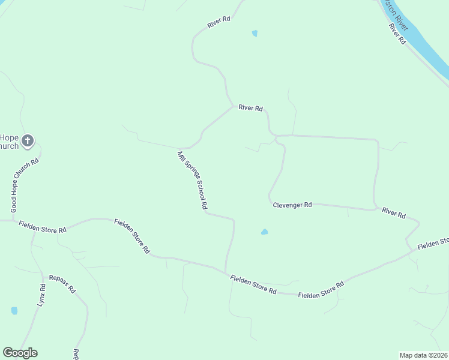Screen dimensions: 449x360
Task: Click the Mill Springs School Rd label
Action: [192, 180]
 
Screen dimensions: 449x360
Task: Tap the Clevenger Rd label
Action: [292, 205]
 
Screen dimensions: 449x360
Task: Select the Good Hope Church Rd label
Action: [25, 185]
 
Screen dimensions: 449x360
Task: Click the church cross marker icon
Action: [27, 142]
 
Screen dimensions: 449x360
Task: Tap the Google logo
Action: [20, 353]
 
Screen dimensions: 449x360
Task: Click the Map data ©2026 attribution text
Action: [424, 355]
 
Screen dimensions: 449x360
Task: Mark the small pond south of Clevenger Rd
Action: [264, 232]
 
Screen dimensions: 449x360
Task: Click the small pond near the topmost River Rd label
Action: [255, 34]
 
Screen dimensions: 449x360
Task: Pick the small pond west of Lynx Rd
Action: [14, 311]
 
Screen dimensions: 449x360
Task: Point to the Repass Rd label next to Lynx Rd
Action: [62, 283]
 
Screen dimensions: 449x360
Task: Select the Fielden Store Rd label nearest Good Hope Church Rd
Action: [42, 226]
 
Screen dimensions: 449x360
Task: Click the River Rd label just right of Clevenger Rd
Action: [394, 213]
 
